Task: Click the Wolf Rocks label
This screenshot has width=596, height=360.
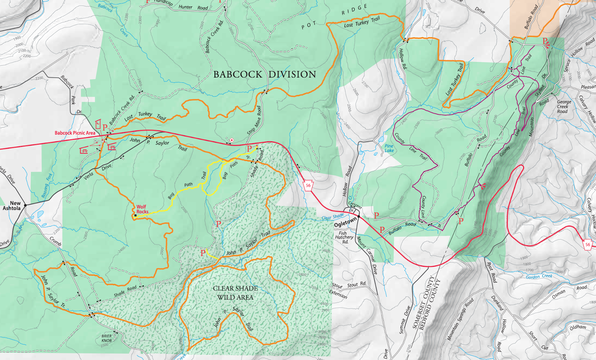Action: (142, 209)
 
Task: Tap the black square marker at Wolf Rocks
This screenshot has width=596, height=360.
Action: (136, 215)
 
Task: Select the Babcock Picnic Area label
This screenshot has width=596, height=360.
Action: (75, 133)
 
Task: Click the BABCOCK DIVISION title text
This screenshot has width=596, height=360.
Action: (264, 75)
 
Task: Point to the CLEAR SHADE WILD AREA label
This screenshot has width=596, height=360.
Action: (235, 293)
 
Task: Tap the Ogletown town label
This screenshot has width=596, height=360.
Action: (345, 223)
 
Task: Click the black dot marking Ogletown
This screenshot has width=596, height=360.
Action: (359, 217)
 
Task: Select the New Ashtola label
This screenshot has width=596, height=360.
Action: (12, 206)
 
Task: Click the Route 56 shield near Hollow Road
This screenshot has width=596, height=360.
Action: (308, 186)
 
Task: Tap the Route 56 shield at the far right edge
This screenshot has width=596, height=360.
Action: (587, 245)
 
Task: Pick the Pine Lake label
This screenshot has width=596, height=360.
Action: (389, 148)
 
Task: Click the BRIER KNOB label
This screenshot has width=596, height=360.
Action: (107, 338)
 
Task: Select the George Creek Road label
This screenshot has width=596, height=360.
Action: (564, 107)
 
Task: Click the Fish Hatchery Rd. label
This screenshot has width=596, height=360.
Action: (344, 237)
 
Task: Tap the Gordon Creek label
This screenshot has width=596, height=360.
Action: (539, 277)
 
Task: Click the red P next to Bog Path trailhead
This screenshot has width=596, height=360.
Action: (249, 149)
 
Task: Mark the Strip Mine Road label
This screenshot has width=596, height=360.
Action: (254, 120)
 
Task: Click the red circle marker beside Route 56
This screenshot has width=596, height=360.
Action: (231, 140)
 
